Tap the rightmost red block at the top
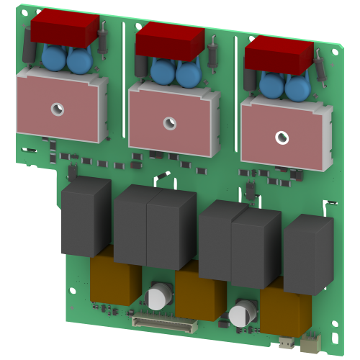point(279,53)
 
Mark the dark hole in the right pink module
point(282,136)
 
